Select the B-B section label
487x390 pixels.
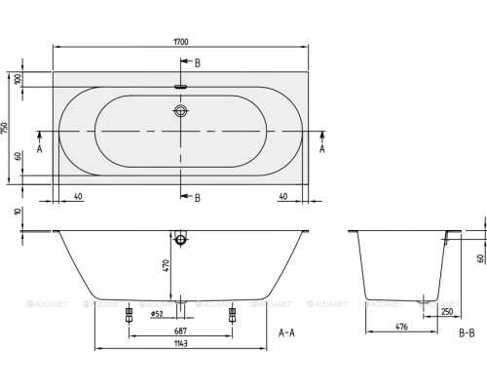point(467,332)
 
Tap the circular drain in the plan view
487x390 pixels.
point(181,112)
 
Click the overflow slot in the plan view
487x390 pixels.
point(181,87)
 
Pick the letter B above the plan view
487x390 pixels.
point(199,63)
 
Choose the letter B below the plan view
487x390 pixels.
point(199,198)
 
